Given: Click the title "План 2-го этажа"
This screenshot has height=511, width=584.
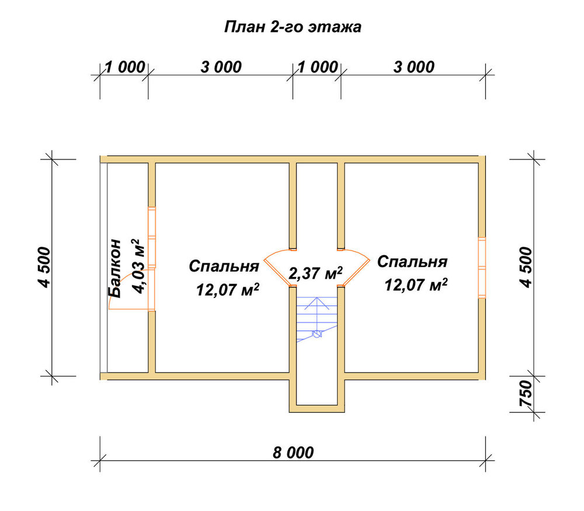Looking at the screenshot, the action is pos(293,27).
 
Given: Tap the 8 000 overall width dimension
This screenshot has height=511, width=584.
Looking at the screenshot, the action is pos(293,453).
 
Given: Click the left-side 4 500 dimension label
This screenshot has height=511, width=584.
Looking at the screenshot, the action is pos(44,267).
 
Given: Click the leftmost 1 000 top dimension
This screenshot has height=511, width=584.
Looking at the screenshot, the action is pos(125,67).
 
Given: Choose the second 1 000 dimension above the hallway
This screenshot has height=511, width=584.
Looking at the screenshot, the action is pos(318,67).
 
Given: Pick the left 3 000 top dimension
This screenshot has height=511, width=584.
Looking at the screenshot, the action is pos(221,67).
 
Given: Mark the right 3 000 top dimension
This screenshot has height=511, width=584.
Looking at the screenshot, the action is pos(414,67).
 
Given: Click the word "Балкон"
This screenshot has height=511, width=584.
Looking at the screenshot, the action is pos(114,268).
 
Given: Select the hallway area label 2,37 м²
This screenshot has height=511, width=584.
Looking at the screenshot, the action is pos(315,273).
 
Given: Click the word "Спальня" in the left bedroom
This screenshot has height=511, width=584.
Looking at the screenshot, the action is pos(224,266).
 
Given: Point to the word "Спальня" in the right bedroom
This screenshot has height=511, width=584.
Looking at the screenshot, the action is pos(412,262).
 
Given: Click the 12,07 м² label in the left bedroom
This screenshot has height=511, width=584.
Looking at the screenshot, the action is pos(228,290).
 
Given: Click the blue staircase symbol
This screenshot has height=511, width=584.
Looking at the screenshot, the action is pos(317,319).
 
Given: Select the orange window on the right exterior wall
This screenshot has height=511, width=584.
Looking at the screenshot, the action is pos(482,267).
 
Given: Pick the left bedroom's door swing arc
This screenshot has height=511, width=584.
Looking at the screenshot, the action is pos(277,266).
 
